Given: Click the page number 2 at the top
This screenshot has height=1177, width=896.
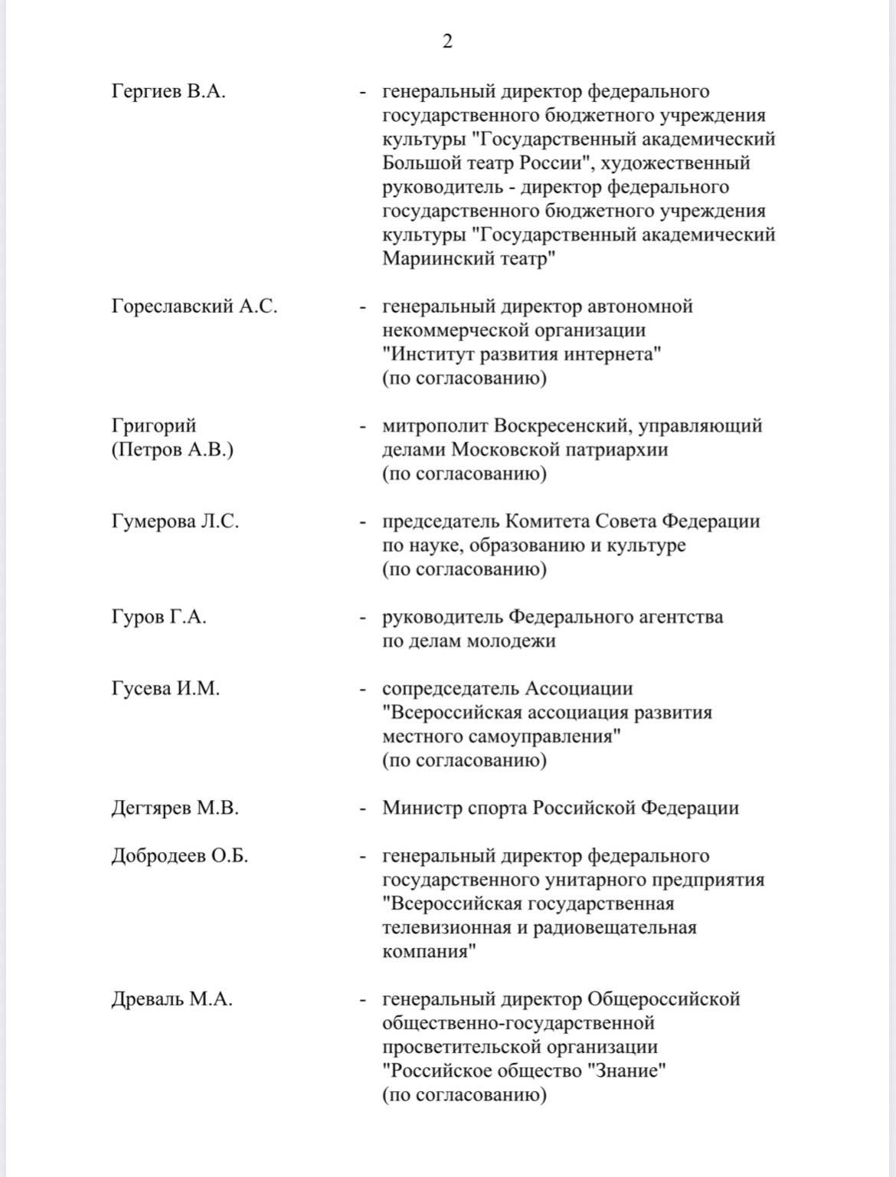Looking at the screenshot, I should point(447,41).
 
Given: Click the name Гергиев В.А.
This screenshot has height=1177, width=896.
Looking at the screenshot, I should point(168,92).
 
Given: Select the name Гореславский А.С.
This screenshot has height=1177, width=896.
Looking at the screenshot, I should point(195,307).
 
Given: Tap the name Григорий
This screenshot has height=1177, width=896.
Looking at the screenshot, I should point(154,425).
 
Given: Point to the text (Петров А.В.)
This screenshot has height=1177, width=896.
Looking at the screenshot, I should point(172,450).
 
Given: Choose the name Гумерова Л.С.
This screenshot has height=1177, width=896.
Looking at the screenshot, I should point(175,522).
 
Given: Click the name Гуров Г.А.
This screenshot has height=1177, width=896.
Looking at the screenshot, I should point(159,617).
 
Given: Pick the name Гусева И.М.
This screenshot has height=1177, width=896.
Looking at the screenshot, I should point(165,689).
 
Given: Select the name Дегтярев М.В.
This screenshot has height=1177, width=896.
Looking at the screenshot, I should point(175,808).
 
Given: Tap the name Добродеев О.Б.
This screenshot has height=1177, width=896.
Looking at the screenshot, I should point(180,856).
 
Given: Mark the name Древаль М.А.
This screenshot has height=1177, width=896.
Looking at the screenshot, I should point(172,1000).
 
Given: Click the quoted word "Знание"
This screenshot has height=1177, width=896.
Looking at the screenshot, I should point(626,1071).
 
